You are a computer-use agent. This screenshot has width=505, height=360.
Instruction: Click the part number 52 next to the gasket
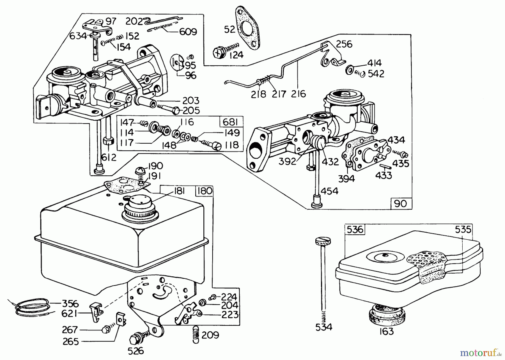[x=229, y=29]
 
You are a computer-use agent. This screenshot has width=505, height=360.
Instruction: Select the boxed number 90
[x=400, y=203]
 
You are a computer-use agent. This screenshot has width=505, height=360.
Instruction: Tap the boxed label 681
[x=231, y=122]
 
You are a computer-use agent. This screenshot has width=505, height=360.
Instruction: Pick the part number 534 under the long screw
[x=323, y=327]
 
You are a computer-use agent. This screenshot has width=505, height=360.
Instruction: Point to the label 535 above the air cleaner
[x=463, y=230]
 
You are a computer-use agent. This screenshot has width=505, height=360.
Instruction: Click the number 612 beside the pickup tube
[x=109, y=157]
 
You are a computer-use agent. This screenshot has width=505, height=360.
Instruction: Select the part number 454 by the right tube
[x=329, y=191]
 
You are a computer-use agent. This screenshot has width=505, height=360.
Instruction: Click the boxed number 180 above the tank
[x=204, y=191]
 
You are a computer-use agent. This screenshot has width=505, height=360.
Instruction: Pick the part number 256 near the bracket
[x=344, y=44]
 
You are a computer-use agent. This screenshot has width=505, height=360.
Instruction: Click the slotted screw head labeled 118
[x=218, y=146]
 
